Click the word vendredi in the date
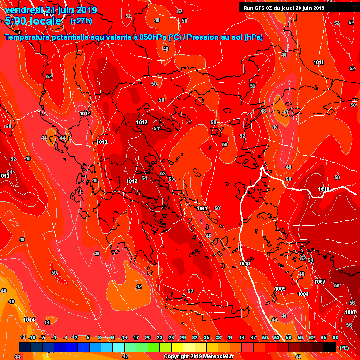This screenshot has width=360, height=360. click(x=24, y=10)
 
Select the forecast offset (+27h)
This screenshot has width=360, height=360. click(x=81, y=21)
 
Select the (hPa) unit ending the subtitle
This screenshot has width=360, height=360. click(x=253, y=37)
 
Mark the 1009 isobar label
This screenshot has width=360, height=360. click(x=280, y=289)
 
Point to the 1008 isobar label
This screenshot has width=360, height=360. click(x=303, y=294)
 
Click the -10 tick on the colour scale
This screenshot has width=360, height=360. click(x=31, y=337)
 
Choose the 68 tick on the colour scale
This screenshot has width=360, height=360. click(x=335, y=337)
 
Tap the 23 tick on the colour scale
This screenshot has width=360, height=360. click(x=159, y=337)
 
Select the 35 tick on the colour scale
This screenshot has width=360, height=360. click(x=206, y=337)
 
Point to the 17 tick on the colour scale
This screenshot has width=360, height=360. click(x=136, y=337)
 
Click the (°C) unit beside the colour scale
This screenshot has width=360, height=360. click(x=344, y=348)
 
